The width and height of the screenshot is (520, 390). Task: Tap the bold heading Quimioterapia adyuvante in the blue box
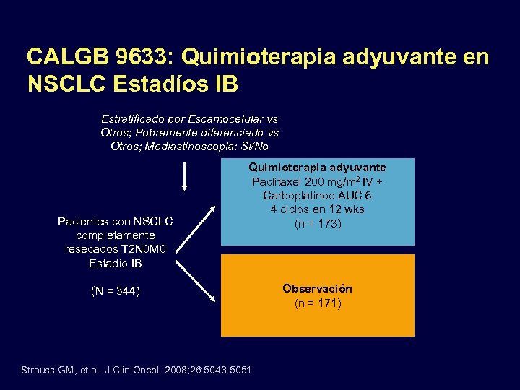318,168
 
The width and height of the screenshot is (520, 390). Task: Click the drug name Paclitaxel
276,181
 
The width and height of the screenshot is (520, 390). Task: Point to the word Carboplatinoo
297,196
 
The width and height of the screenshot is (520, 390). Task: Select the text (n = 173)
318,224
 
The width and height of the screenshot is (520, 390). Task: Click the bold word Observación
317,288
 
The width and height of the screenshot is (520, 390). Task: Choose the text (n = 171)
318,303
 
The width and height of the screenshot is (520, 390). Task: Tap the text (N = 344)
116,291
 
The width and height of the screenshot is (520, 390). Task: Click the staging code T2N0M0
144,249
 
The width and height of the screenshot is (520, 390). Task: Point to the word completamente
116,235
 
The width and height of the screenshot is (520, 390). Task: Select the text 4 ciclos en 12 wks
318,209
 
